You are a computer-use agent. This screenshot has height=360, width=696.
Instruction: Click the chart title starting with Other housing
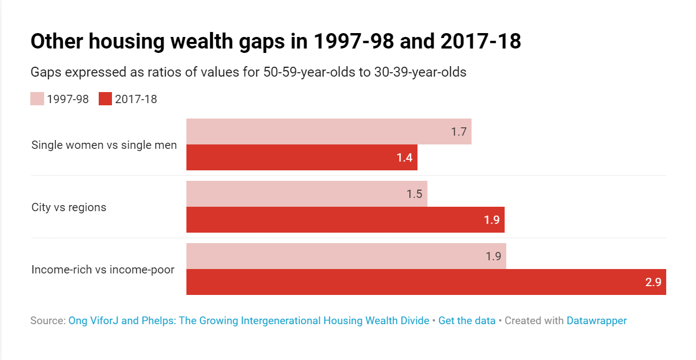click(275, 41)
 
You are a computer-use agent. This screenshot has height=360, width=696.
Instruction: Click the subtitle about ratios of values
click(248, 72)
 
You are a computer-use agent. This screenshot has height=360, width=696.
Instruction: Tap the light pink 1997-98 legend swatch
click(37, 99)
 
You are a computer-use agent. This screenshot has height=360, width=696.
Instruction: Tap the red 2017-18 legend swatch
click(105, 99)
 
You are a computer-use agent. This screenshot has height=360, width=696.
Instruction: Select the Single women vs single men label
click(104, 145)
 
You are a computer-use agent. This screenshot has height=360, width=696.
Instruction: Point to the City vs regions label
click(69, 207)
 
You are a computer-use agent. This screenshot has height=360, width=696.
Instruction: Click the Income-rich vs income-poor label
click(103, 270)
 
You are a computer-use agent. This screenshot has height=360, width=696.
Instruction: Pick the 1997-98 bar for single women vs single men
click(329, 132)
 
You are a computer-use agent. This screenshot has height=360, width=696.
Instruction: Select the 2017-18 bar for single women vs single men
click(302, 158)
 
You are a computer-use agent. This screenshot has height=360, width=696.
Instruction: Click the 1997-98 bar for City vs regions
click(307, 194)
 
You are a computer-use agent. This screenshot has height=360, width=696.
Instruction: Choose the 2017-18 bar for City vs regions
click(345, 220)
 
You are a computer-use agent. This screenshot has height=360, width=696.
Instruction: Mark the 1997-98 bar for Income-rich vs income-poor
click(346, 256)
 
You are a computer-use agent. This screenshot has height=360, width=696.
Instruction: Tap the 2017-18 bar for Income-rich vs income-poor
click(426, 282)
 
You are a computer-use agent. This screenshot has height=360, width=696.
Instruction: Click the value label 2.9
click(653, 282)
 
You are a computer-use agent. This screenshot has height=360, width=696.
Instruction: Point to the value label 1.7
click(459, 132)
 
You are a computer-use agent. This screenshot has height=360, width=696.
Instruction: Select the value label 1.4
click(404, 158)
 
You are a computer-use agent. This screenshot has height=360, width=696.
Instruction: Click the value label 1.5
click(414, 194)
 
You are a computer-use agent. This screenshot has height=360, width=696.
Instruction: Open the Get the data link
click(467, 320)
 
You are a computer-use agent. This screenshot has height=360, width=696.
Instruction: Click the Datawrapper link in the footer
click(596, 320)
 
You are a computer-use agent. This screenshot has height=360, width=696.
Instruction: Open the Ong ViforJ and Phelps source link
click(248, 320)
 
